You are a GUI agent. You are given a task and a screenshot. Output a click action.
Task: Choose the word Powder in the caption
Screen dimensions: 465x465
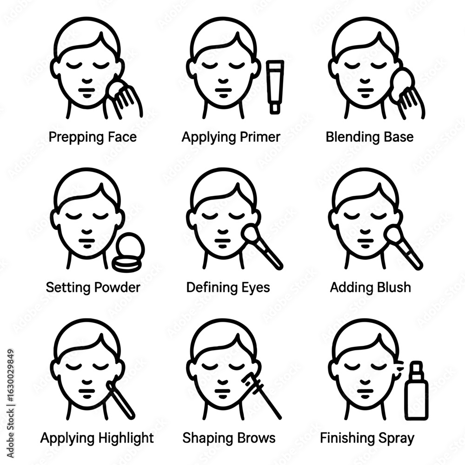(x=118, y=287)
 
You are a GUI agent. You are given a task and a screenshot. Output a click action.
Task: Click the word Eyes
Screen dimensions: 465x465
(x=255, y=287)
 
